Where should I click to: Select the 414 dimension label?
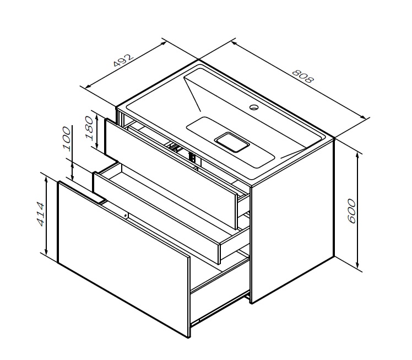tap(40, 214)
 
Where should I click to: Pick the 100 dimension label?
tap(67, 138)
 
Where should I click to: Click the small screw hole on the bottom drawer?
tap(126, 216)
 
